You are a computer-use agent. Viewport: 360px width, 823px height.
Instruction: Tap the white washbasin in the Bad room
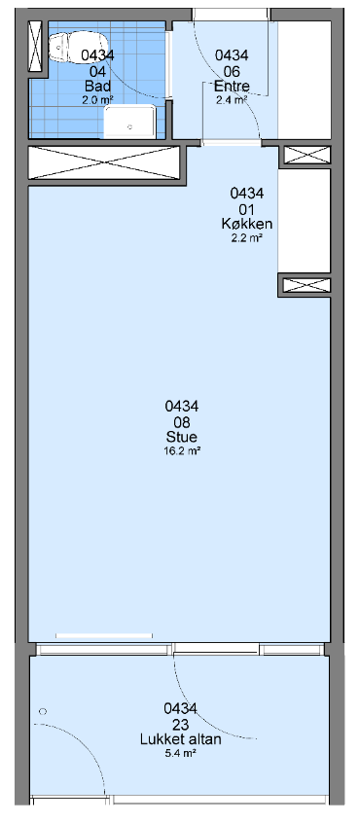click(130, 122)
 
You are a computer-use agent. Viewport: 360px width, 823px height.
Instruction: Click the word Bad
click(97, 87)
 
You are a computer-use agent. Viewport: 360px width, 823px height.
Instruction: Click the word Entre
click(232, 87)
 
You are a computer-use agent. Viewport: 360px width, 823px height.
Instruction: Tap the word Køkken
click(246, 224)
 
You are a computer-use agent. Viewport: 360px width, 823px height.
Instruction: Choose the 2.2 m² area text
click(246, 237)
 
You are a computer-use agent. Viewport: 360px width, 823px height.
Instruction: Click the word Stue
click(182, 437)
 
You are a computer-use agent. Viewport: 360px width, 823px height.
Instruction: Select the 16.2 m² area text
click(182, 450)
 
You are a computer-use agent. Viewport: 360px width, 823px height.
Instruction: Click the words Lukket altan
click(181, 739)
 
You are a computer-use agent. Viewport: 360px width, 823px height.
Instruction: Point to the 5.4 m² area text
click(181, 753)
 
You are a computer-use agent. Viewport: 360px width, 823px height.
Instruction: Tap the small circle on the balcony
click(43, 711)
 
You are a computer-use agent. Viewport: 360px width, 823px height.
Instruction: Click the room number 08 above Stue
click(182, 422)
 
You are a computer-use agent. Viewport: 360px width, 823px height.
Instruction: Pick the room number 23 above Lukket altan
click(181, 725)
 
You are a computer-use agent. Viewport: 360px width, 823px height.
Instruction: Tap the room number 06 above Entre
click(232, 72)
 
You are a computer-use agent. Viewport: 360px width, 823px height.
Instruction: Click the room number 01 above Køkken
click(246, 209)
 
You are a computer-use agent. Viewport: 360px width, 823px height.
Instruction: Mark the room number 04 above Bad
click(97, 72)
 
